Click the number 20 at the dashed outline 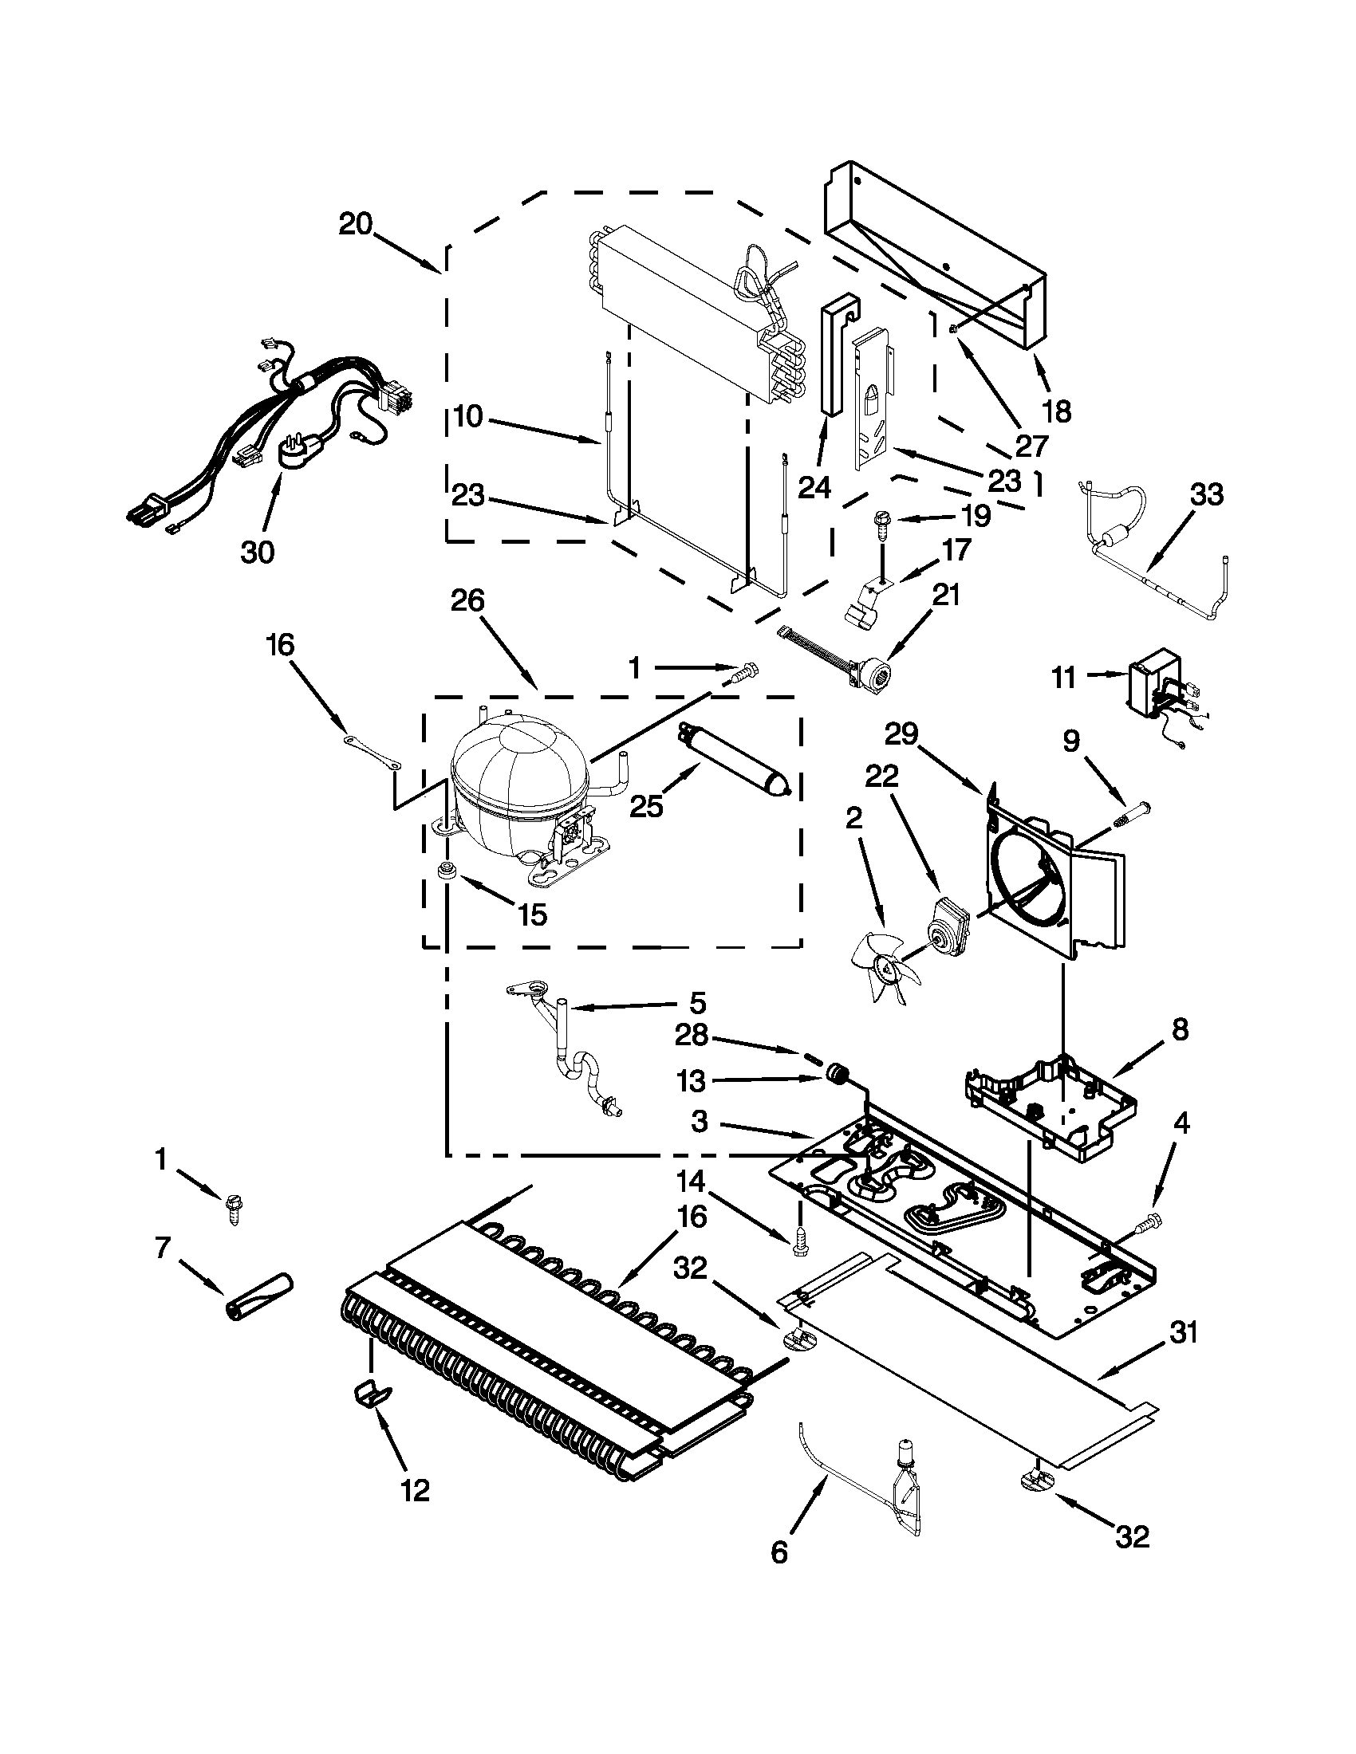click(x=355, y=224)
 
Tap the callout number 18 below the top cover click(x=1056, y=412)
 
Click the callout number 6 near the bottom click(x=779, y=1574)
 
